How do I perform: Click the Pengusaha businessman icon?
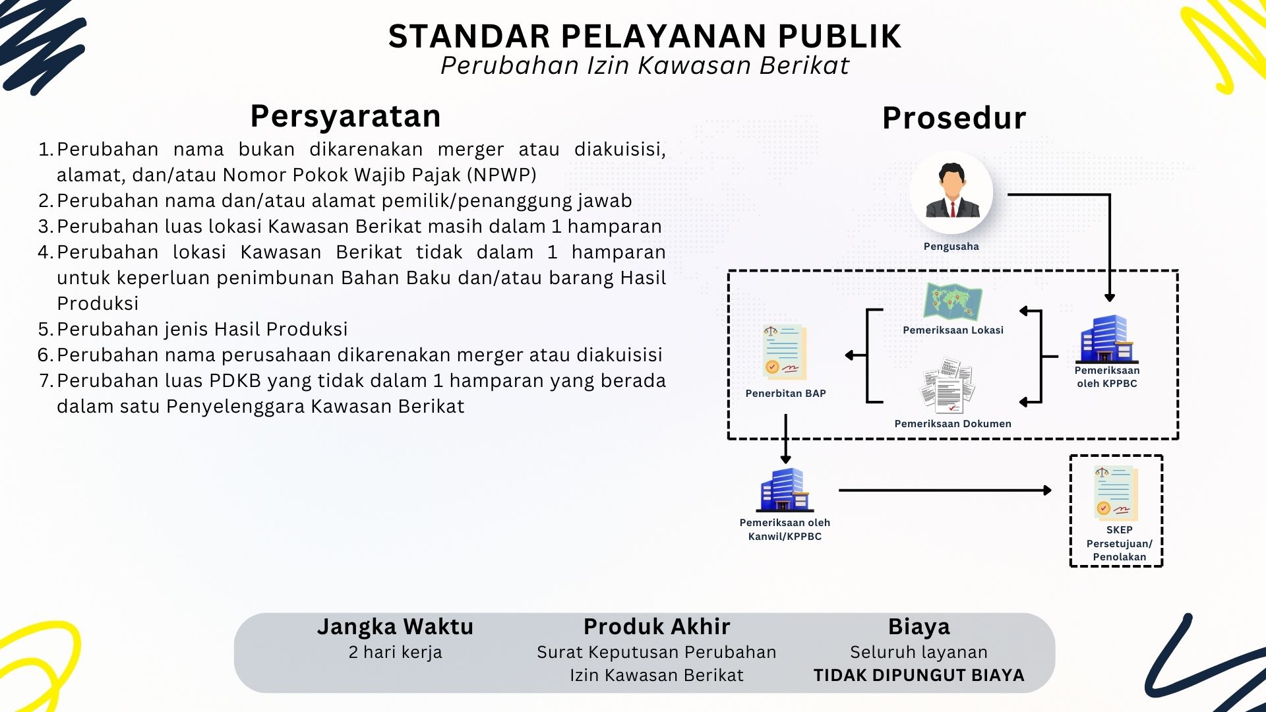pyautogui.click(x=951, y=192)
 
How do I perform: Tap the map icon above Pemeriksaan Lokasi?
pyautogui.click(x=953, y=302)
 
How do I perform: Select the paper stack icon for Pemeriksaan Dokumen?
pyautogui.click(x=950, y=386)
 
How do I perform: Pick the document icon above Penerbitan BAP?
pyautogui.click(x=785, y=352)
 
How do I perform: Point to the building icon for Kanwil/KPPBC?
pyautogui.click(x=784, y=490)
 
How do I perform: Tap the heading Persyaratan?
pyautogui.click(x=346, y=117)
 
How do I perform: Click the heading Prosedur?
pyautogui.click(x=954, y=119)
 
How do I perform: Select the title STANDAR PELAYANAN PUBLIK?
pyautogui.click(x=644, y=36)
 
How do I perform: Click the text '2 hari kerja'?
pyautogui.click(x=395, y=652)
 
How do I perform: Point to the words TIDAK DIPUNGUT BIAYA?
pyautogui.click(x=919, y=675)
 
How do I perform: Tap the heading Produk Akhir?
pyautogui.click(x=657, y=626)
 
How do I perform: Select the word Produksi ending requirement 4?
pyautogui.click(x=98, y=303)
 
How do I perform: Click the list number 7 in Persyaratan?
pyautogui.click(x=45, y=380)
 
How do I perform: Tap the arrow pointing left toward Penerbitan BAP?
pyautogui.click(x=855, y=355)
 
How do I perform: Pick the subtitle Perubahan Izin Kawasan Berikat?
pyautogui.click(x=644, y=66)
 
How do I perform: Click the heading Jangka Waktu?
pyautogui.click(x=395, y=626)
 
